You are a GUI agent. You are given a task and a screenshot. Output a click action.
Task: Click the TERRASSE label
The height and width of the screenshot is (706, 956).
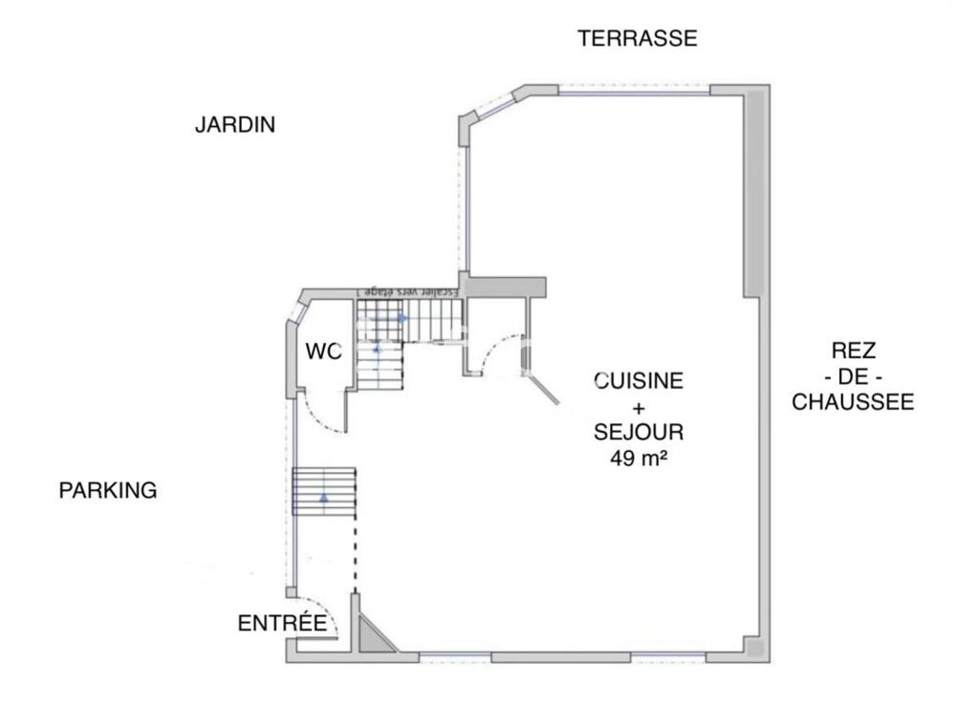[x=638, y=39]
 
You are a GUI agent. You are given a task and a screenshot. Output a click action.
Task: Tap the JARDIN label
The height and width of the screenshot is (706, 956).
[x=235, y=125]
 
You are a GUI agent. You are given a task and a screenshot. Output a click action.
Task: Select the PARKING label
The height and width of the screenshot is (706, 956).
[x=108, y=491]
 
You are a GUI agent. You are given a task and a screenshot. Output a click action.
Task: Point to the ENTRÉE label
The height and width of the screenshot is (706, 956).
[x=282, y=624]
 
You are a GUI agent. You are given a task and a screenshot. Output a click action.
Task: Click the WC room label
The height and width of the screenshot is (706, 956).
[x=323, y=353]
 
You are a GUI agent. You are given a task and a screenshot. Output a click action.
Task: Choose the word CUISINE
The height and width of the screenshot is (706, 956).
[x=639, y=381]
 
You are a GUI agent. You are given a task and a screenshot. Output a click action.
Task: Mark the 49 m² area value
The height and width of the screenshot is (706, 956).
[x=639, y=458]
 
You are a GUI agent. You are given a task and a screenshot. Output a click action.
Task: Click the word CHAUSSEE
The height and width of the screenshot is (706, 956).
[x=854, y=402]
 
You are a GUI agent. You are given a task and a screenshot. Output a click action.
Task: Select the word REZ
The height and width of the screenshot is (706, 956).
[x=854, y=351]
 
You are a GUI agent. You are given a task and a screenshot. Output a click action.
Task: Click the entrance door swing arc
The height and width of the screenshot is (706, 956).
[x=332, y=622]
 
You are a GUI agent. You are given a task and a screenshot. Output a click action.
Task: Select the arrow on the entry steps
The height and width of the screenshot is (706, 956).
[x=324, y=497]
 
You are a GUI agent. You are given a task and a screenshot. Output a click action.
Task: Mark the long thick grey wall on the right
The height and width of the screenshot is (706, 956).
[x=753, y=191]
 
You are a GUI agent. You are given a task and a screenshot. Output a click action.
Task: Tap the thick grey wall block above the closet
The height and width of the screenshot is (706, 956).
[x=504, y=287]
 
